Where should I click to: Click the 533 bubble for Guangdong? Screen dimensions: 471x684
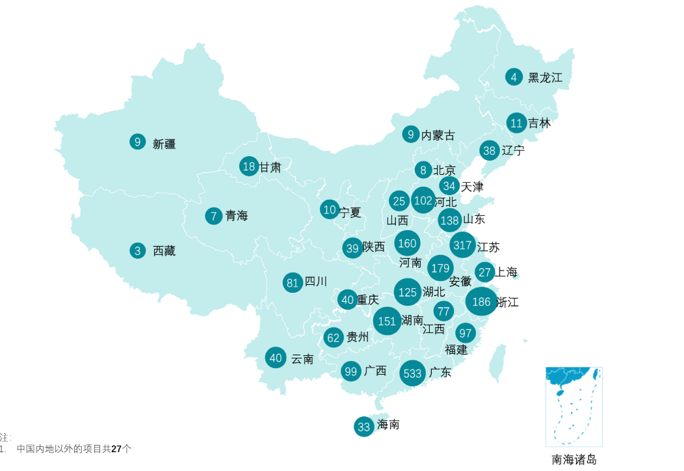pos(413,373)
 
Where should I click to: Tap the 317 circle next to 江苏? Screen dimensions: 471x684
pos(463,245)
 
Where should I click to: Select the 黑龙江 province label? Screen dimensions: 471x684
pos(545,77)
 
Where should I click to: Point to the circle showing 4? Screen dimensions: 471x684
pos(514,77)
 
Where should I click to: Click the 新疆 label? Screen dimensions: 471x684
pos(164,144)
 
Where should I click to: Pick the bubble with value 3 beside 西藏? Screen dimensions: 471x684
pos(137,250)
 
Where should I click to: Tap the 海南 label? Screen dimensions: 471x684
pos(388,424)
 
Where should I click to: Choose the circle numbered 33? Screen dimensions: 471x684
pos(364,427)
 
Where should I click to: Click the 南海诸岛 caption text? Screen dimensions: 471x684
pos(574,459)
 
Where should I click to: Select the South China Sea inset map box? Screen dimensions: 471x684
pos(574,407)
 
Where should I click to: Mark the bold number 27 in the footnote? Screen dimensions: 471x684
pos(116,449)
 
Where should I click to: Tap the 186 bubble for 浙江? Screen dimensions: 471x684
pos(481,302)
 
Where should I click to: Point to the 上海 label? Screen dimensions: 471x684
pos(506,272)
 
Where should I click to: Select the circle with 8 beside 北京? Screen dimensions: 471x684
pos(423,170)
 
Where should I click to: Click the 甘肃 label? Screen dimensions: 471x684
pos(270,167)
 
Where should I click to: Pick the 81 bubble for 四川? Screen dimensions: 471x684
pos(293,282)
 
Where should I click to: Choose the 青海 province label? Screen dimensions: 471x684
pos(237,215)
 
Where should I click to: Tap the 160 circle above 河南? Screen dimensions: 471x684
pos(407,243)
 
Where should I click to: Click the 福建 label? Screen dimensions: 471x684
pos(456,349)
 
